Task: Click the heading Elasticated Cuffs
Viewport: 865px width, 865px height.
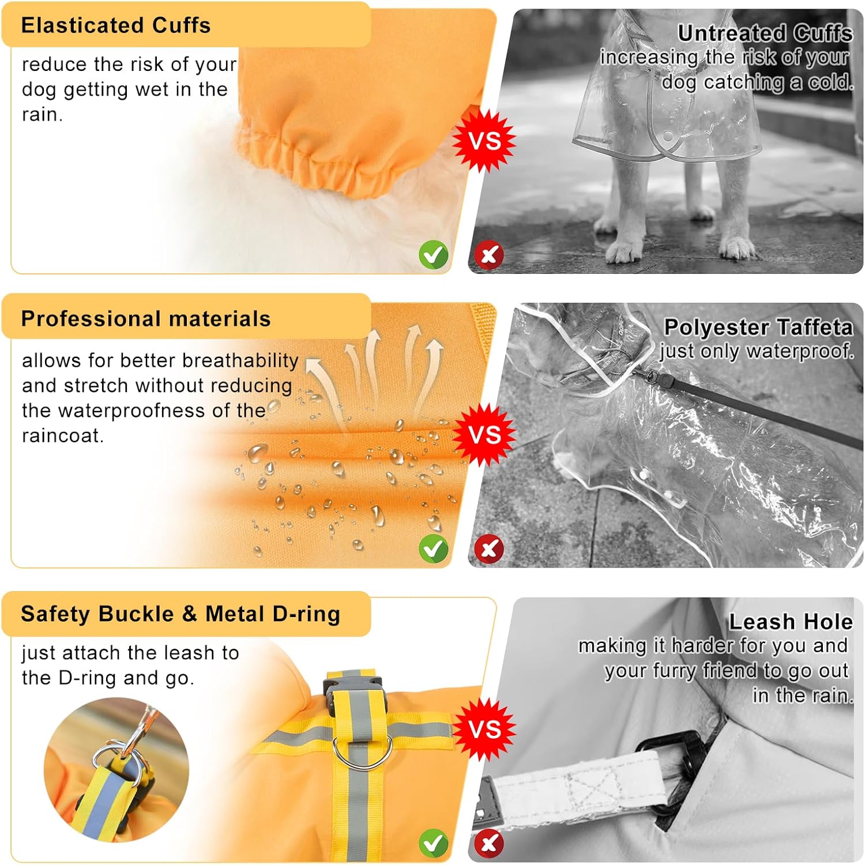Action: [116, 25]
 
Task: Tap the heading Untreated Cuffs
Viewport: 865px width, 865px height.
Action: [765, 33]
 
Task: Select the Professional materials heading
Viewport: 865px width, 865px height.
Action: [146, 319]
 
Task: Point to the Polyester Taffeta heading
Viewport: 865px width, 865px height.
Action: [758, 327]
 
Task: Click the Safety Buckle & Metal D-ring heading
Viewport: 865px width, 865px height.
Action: [180, 614]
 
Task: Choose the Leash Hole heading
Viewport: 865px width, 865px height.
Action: [791, 622]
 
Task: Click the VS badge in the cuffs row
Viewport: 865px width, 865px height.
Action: [484, 141]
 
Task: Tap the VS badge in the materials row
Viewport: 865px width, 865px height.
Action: [484, 435]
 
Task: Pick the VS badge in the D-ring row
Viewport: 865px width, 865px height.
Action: [484, 729]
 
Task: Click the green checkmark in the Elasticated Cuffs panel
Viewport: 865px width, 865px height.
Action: [434, 254]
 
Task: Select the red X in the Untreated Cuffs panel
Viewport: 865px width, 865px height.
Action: [489, 254]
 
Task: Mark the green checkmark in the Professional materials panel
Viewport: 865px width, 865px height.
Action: [434, 548]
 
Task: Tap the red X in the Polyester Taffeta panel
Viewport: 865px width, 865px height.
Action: [489, 548]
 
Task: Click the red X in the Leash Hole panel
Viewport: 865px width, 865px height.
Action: [489, 844]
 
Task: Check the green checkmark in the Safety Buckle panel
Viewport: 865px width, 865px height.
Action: [434, 844]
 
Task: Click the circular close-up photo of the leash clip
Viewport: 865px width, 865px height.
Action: [116, 770]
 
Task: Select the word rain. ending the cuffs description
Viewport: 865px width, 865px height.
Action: [42, 114]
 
